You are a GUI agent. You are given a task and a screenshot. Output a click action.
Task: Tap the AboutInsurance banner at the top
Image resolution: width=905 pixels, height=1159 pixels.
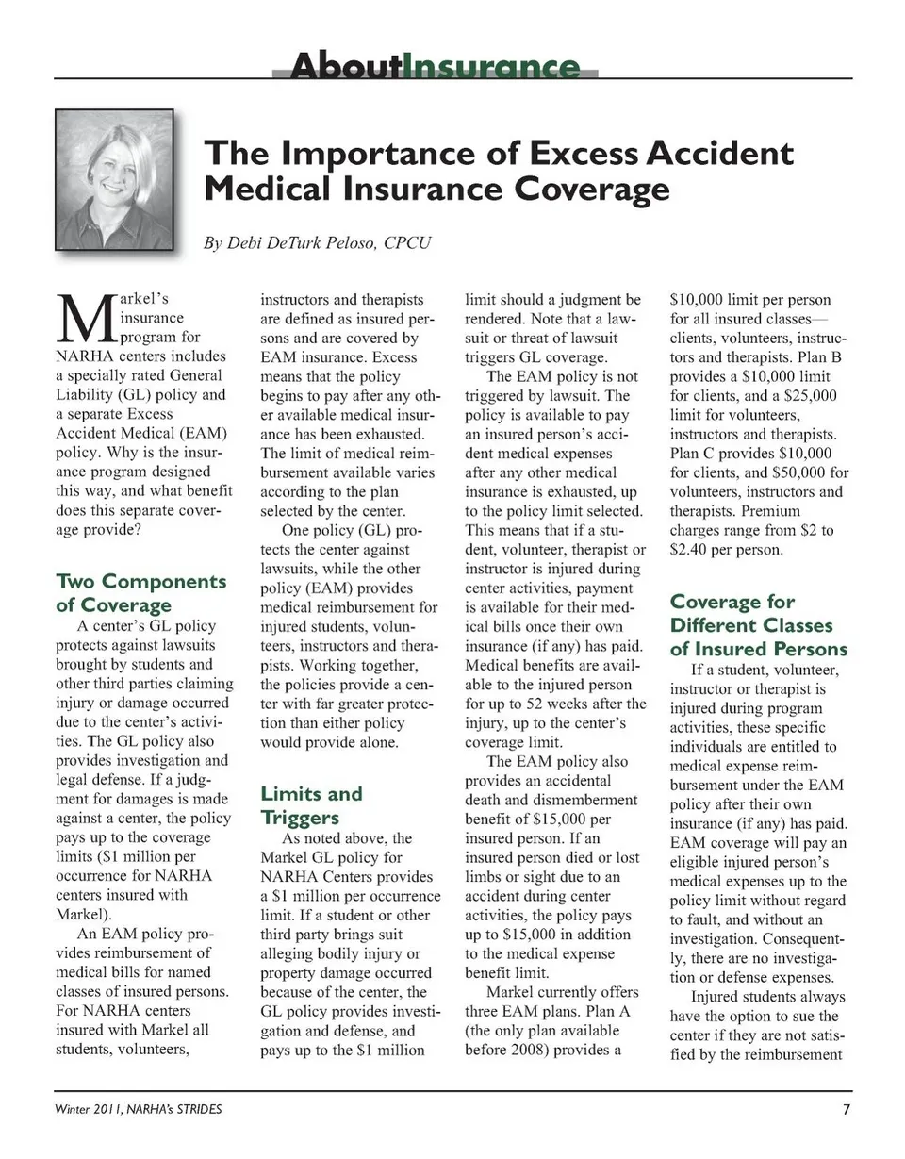(x=436, y=67)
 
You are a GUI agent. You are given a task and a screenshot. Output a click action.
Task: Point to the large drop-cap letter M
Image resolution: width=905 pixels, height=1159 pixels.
(x=79, y=319)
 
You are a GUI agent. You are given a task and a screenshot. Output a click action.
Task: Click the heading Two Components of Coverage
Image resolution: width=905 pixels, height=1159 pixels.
(x=141, y=592)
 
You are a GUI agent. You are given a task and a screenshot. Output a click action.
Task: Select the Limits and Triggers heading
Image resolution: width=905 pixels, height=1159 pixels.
(x=311, y=804)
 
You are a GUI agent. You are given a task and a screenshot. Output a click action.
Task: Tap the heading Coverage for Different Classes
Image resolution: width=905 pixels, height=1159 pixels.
(x=758, y=625)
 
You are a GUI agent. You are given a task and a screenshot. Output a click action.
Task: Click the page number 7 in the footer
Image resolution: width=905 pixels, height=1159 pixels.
(x=846, y=1109)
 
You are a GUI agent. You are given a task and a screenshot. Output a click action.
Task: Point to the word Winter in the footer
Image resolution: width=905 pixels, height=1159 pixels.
(x=73, y=1109)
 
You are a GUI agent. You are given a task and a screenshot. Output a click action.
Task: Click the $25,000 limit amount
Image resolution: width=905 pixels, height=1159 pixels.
(x=802, y=396)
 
